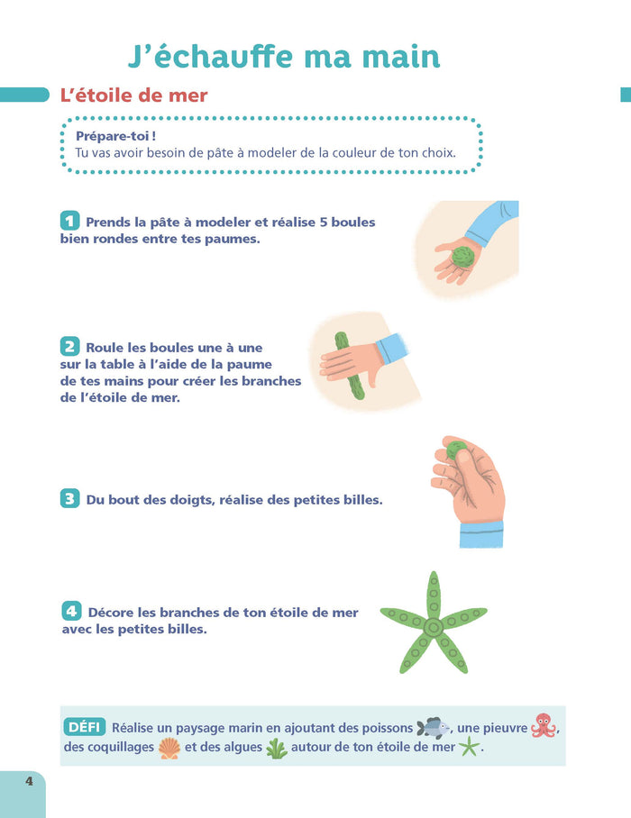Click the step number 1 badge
click(x=70, y=221)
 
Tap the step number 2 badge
click(x=70, y=347)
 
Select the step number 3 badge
click(x=70, y=499)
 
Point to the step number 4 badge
click(x=71, y=611)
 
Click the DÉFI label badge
click(x=85, y=727)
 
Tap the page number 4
click(x=29, y=781)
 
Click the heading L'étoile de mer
click(x=133, y=95)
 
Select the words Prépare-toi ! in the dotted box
click(x=116, y=136)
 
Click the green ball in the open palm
click(x=462, y=257)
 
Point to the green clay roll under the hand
click(x=349, y=365)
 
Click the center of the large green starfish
click(x=434, y=626)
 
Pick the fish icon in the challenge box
click(x=433, y=728)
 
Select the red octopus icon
click(x=544, y=725)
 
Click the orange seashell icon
click(x=169, y=748)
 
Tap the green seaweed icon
click(x=276, y=749)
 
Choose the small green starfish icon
click(x=469, y=747)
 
